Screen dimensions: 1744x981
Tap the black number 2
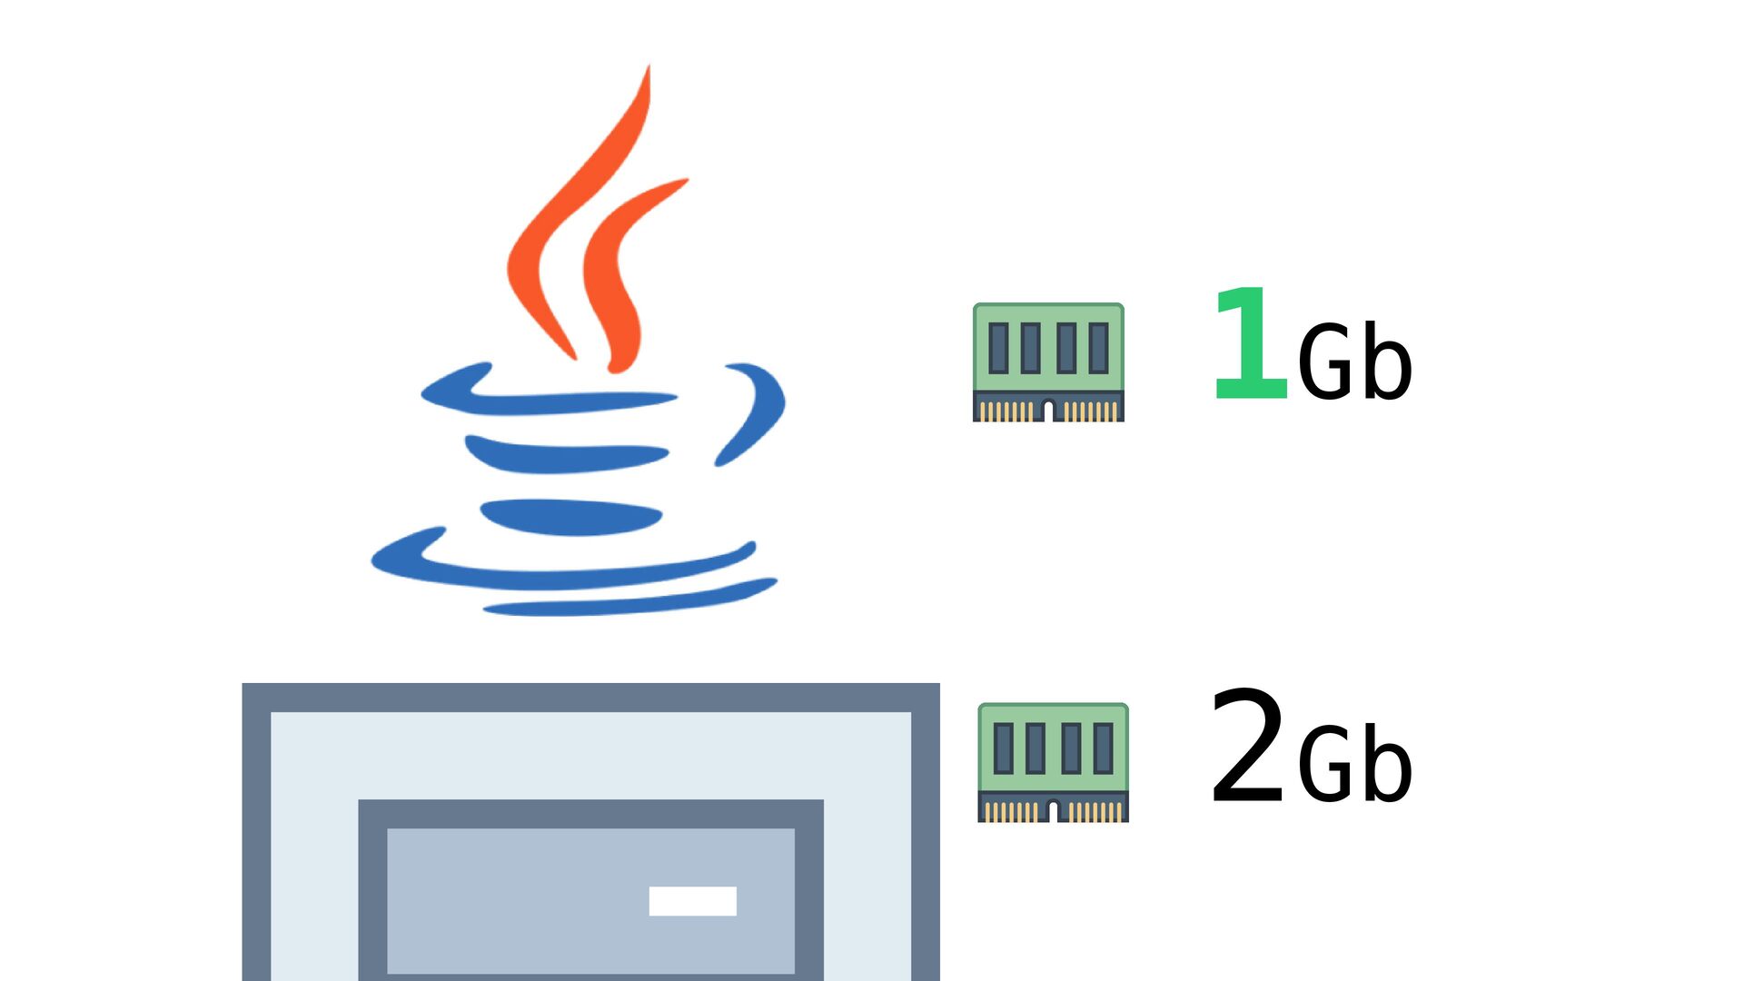pyautogui.click(x=1247, y=746)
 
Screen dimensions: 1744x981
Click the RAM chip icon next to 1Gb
pyautogui.click(x=1048, y=362)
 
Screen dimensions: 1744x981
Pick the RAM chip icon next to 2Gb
pyautogui.click(x=1053, y=762)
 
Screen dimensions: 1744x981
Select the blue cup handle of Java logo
pyautogui.click(x=757, y=413)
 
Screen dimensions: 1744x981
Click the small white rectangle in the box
pyautogui.click(x=692, y=901)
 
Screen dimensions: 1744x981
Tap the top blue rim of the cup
pyautogui.click(x=545, y=392)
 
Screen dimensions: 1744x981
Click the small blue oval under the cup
pyautogui.click(x=570, y=517)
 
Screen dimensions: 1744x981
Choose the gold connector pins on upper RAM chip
pyautogui.click(x=1048, y=411)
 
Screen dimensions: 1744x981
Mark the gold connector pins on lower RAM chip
pyautogui.click(x=1053, y=811)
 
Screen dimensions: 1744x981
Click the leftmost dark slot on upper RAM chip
pyautogui.click(x=998, y=347)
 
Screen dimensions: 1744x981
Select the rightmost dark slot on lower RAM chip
pyautogui.click(x=1104, y=748)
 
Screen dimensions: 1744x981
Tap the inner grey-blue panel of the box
pyautogui.click(x=590, y=900)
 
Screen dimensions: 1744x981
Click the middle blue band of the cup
pyautogui.click(x=567, y=454)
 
